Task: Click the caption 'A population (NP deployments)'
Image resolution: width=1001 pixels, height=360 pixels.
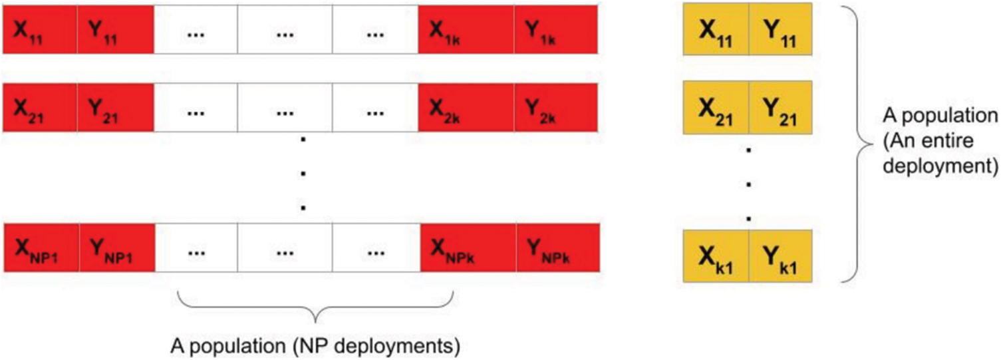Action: (x=315, y=346)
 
